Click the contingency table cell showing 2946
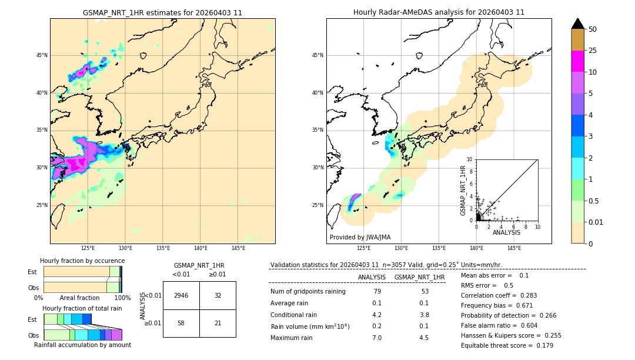click(181, 295)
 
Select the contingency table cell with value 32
click(218, 295)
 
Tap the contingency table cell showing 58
click(181, 323)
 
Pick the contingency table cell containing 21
click(218, 323)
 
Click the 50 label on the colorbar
click(593, 29)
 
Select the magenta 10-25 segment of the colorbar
click(578, 61)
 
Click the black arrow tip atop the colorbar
click(578, 23)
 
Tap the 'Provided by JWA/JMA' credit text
click(360, 237)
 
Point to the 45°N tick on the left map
click(42, 55)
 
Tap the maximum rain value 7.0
click(377, 338)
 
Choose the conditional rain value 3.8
click(424, 315)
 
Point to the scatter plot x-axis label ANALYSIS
click(506, 232)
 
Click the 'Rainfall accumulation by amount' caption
click(83, 345)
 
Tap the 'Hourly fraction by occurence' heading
click(82, 261)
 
